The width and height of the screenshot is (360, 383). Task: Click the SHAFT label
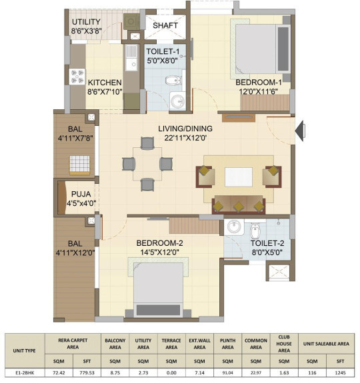pyautogui.click(x=165, y=25)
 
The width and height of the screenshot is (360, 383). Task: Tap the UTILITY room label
pyautogui.click(x=86, y=22)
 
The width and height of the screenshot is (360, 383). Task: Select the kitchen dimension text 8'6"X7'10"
pyautogui.click(x=105, y=92)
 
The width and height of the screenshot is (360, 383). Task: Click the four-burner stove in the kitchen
pyautogui.click(x=77, y=77)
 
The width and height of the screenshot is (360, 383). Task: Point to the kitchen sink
pyautogui.click(x=131, y=58)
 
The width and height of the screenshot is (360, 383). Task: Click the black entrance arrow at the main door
pyautogui.click(x=300, y=131)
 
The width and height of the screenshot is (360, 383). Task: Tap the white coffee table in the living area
pyautogui.click(x=239, y=177)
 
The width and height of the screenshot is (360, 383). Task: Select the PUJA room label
pyautogui.click(x=81, y=194)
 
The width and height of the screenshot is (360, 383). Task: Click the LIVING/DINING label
pyautogui.click(x=185, y=129)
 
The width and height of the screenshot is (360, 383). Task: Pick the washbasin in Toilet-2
pyautogui.click(x=234, y=227)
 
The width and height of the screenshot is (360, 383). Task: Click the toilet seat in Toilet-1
pyautogui.click(x=174, y=80)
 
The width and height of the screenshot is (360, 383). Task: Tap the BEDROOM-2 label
pyautogui.click(x=159, y=243)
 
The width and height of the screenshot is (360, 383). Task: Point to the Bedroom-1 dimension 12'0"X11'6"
pyautogui.click(x=258, y=92)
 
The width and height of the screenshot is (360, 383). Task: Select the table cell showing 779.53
pyautogui.click(x=87, y=373)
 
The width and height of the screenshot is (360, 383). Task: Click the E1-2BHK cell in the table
pyautogui.click(x=25, y=373)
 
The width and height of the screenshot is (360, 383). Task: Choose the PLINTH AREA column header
pyautogui.click(x=227, y=344)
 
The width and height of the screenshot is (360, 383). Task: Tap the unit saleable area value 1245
pyautogui.click(x=340, y=373)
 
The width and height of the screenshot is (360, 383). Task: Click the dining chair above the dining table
pyautogui.click(x=147, y=143)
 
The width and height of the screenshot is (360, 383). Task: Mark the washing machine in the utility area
pyautogui.click(x=131, y=22)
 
